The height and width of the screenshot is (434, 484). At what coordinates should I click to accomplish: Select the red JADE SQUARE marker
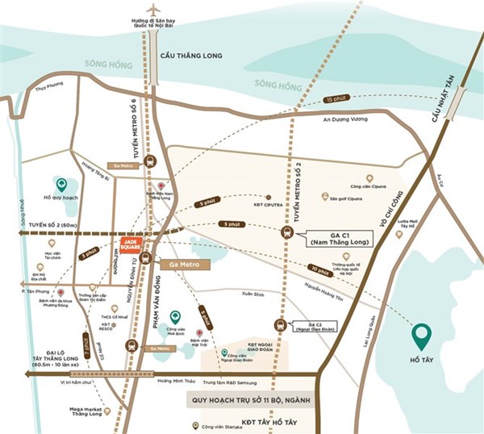[x=131, y=244]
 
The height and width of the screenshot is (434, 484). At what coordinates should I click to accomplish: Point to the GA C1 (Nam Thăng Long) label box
[x=333, y=236]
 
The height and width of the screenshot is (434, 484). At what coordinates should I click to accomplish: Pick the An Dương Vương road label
[x=344, y=119]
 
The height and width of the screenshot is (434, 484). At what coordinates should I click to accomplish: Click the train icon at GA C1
[x=288, y=232]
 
